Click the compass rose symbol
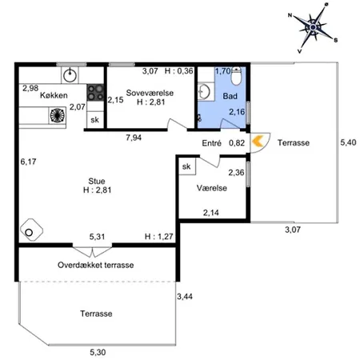tap(313, 27)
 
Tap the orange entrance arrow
tap(258, 142)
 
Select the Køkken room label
tap(54, 95)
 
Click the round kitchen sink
tap(70, 75)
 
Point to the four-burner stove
tap(95, 93)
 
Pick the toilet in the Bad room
tap(236, 76)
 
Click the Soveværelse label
tap(150, 93)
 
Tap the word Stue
tap(97, 181)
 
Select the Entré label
tap(211, 143)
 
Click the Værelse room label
tap(212, 188)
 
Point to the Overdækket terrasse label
tap(96, 265)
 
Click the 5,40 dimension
tap(348, 142)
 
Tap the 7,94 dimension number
tap(134, 138)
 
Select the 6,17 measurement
tap(28, 162)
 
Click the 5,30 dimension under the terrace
tap(98, 352)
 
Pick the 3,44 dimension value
tap(185, 297)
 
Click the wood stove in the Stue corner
tap(31, 230)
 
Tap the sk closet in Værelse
tap(186, 166)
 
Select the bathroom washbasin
tap(204, 92)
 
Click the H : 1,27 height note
tap(159, 237)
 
